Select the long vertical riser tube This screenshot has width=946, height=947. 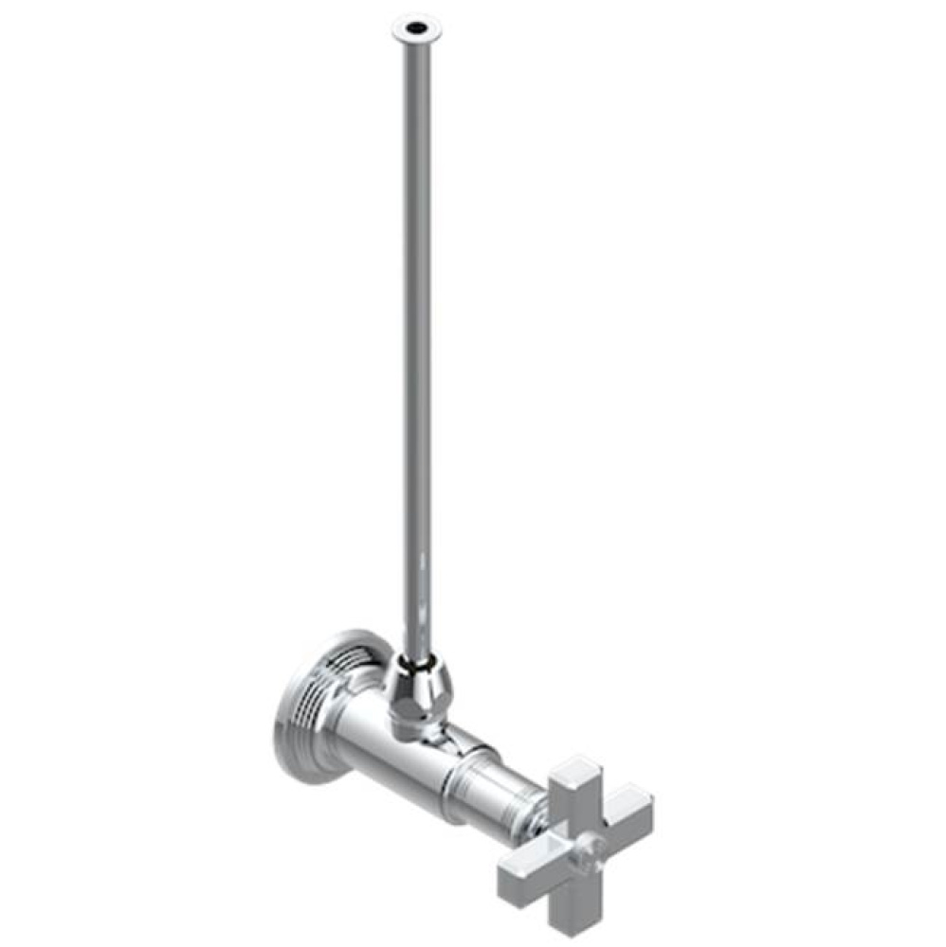coord(415,331)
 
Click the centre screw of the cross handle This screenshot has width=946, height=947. coord(585,844)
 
